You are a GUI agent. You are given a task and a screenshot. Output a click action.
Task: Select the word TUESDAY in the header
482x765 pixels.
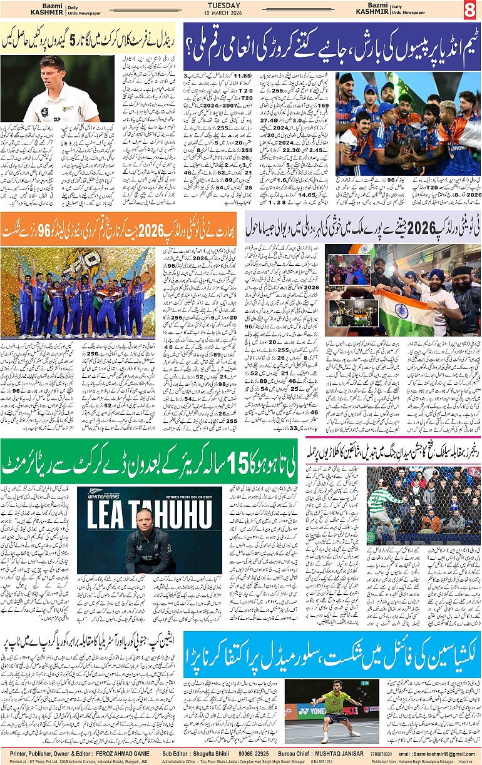click(240, 5)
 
